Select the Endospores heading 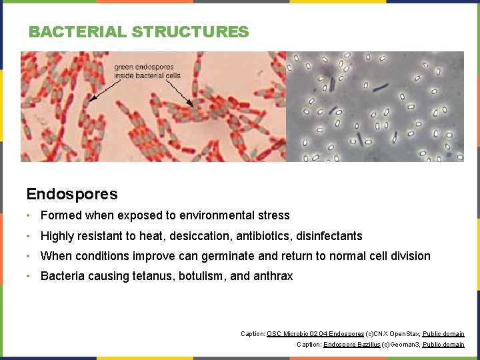coord(72,194)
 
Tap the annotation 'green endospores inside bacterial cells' coord(147,71)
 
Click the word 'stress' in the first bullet coord(274,215)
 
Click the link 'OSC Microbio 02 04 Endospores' coord(315,333)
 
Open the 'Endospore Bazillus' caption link coord(351,345)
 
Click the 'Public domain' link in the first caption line coord(443,333)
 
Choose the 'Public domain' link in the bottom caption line coord(443,345)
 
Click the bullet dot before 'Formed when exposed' coord(29,215)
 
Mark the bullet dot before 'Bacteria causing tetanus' coord(29,276)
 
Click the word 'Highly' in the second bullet coord(57,236)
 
